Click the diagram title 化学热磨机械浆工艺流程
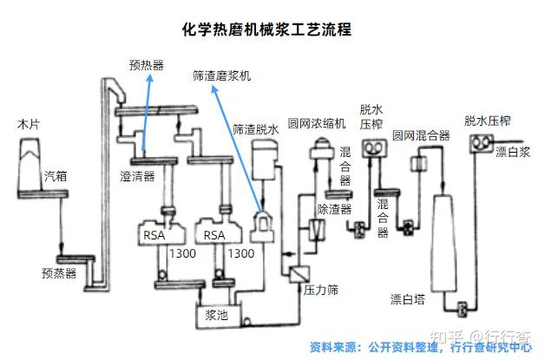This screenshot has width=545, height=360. [x=266, y=29]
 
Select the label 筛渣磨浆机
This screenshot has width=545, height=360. [x=221, y=76]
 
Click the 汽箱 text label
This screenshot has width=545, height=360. [x=56, y=176]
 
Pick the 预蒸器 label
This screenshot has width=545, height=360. [x=59, y=272]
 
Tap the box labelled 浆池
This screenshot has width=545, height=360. [x=215, y=316]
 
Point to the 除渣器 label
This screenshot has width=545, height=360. [x=334, y=209]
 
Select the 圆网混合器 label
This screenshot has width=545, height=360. [x=420, y=136]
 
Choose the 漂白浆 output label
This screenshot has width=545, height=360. [x=511, y=153]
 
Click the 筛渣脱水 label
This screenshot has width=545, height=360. [x=256, y=129]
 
